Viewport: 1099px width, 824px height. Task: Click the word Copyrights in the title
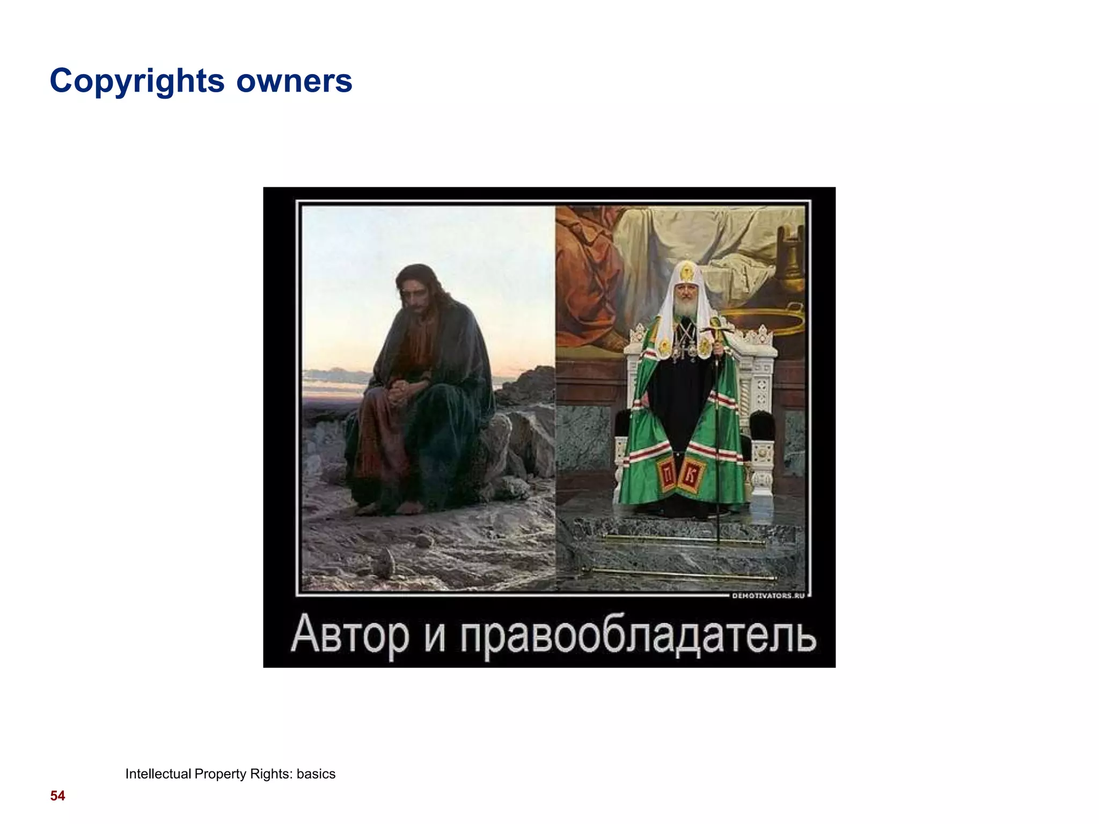(137, 82)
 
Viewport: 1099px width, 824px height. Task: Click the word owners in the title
(294, 82)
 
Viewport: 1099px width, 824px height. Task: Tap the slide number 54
(57, 796)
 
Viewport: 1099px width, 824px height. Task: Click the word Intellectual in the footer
(158, 774)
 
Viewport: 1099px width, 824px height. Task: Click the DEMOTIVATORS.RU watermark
(768, 595)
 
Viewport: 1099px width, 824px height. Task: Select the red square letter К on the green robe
(692, 474)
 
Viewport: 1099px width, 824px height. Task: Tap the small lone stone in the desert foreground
(385, 564)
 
